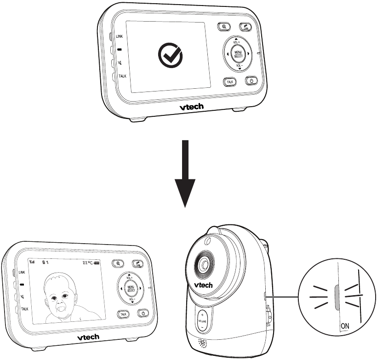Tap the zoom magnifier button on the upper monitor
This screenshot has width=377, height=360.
pyautogui.click(x=223, y=27)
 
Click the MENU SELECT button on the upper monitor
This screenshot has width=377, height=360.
pyautogui.click(x=238, y=54)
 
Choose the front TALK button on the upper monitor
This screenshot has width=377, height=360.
pyautogui.click(x=230, y=81)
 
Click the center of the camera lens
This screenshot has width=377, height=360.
pyautogui.click(x=203, y=265)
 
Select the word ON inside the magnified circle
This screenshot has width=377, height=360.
pyautogui.click(x=344, y=326)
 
